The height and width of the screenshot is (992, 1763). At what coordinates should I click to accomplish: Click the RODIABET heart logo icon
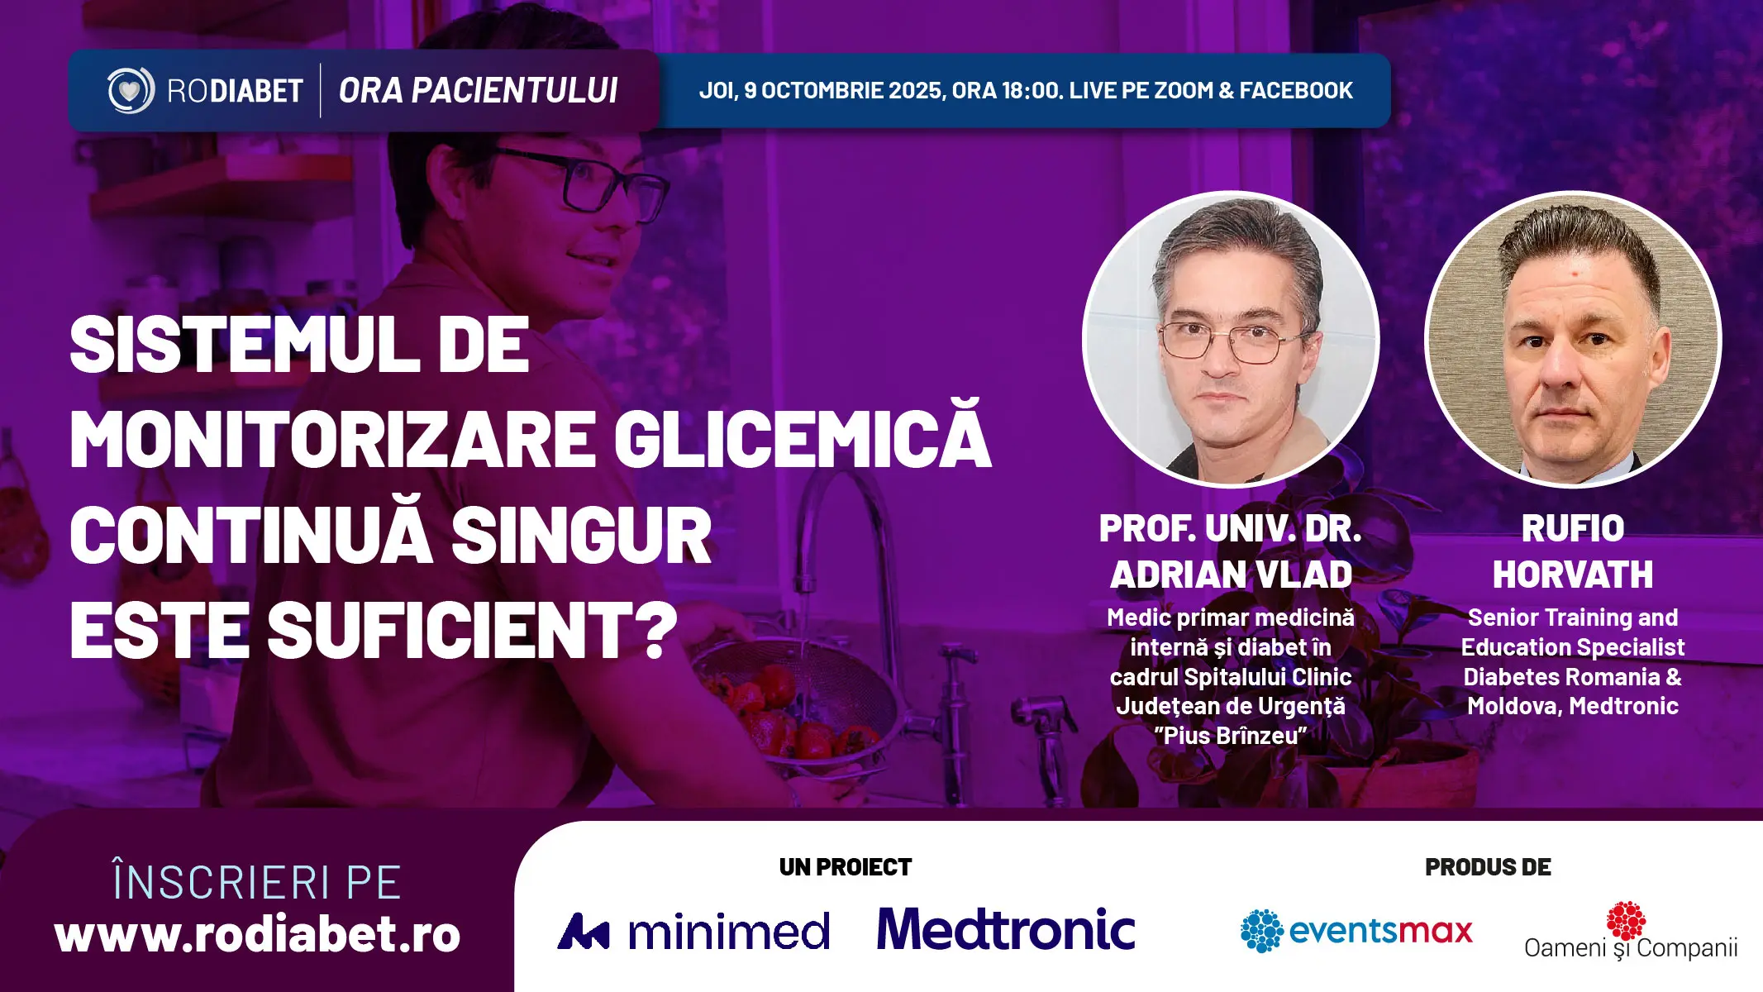(131, 90)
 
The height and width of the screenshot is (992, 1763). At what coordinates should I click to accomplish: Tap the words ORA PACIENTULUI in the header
(478, 91)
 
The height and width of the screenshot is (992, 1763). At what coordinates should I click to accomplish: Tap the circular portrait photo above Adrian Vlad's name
(1231, 339)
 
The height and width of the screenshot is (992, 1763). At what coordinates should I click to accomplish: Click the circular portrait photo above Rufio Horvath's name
(1574, 339)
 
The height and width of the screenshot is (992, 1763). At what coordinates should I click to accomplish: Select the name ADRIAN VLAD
(1231, 575)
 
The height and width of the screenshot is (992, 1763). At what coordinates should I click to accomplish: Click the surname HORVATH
(1573, 575)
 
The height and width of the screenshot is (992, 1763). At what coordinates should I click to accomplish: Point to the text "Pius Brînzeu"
(1231, 736)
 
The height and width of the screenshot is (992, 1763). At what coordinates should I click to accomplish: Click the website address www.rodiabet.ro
(257, 935)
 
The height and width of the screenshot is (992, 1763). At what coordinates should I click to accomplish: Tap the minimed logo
(693, 932)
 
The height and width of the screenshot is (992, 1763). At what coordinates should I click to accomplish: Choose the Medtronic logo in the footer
(1006, 929)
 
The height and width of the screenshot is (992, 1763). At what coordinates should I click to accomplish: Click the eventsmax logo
(1356, 931)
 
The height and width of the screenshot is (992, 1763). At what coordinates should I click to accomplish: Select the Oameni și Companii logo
(1631, 932)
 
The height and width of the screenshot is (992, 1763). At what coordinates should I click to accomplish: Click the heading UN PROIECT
(846, 867)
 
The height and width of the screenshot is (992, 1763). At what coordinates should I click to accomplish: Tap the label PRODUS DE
(1488, 867)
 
